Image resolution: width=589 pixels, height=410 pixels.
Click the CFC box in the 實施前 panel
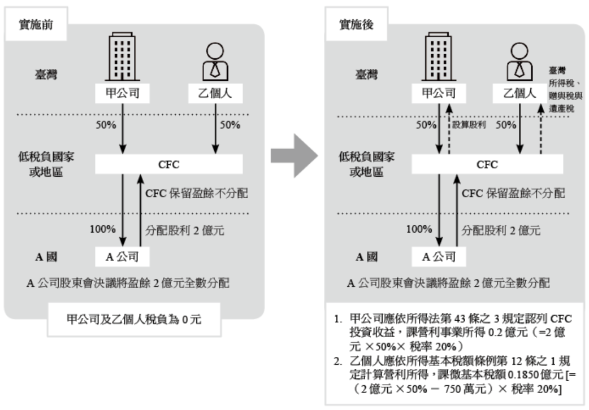[x=168, y=165]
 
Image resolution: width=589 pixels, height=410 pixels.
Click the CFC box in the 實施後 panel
[x=487, y=165]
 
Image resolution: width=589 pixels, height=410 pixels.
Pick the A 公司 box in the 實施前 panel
[x=122, y=256]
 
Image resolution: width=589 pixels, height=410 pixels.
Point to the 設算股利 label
[x=469, y=125]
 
